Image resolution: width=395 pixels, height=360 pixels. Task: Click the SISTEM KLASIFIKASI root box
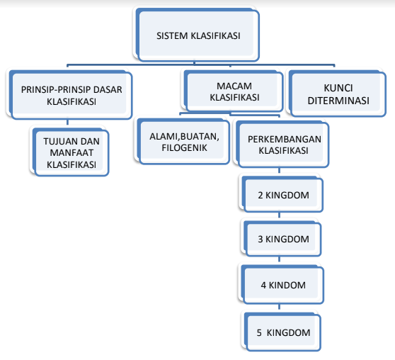(x=197, y=35)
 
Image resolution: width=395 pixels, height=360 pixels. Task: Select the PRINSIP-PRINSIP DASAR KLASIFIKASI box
(x=70, y=95)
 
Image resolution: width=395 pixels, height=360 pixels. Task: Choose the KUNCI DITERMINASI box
(x=338, y=94)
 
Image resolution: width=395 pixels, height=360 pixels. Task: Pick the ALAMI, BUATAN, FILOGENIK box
(x=183, y=142)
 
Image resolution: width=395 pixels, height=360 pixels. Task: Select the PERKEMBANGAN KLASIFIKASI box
(x=282, y=145)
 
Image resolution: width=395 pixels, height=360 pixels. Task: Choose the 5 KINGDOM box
(x=282, y=332)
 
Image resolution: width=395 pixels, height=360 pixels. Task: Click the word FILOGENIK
(x=184, y=148)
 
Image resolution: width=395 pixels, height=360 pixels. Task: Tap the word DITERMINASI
(x=338, y=101)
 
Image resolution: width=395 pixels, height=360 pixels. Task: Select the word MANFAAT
(x=71, y=152)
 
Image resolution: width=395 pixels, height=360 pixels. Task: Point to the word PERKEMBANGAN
(x=285, y=140)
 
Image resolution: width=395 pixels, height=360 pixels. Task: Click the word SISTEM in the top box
(x=172, y=36)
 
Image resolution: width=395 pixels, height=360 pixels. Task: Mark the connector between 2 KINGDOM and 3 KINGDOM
(x=279, y=216)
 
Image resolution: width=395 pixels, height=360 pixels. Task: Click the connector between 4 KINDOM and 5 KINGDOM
(x=279, y=308)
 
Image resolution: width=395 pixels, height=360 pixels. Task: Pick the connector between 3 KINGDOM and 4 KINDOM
(x=279, y=261)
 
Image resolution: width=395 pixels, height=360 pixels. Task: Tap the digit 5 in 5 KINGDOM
(x=259, y=333)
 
